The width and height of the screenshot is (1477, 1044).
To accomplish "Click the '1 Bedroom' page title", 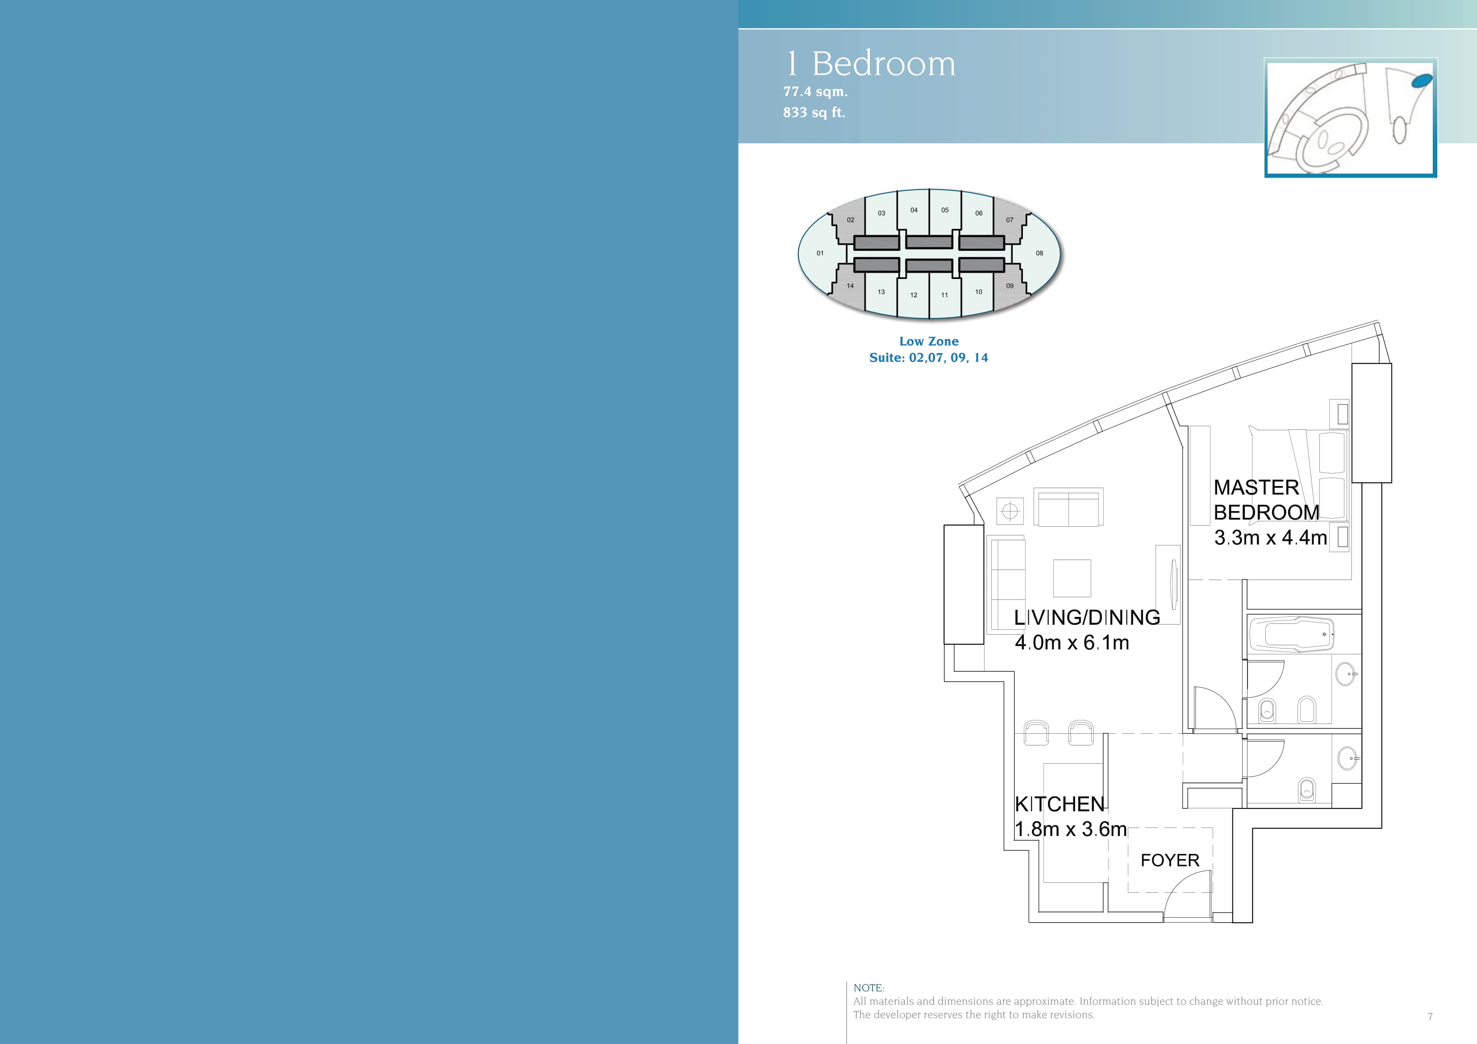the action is pos(871,64).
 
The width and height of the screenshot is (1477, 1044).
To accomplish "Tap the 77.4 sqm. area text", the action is pos(815,92).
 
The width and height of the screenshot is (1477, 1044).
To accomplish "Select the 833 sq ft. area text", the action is pos(814,112).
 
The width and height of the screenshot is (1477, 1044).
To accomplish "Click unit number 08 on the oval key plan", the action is pos(1039,254).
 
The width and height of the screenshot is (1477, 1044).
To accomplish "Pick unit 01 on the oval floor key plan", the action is pos(820,254).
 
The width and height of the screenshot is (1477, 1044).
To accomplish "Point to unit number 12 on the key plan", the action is pos(914,295).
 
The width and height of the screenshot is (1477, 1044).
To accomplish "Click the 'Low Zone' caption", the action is pos(929,341).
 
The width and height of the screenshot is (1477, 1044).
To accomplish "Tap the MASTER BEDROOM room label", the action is pos(1266,500).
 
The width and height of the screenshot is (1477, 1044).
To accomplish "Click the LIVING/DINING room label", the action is pos(1087,618).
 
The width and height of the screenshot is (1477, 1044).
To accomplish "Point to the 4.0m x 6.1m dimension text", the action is pos(1072,643).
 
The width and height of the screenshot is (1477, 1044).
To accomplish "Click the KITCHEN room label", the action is pos(1060,804).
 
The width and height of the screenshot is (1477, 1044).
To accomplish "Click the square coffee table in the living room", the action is pos(1072,578).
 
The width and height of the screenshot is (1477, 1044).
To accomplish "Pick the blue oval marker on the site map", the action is pos(1422,80).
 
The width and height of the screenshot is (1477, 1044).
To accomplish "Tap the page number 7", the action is pos(1430,1017).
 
